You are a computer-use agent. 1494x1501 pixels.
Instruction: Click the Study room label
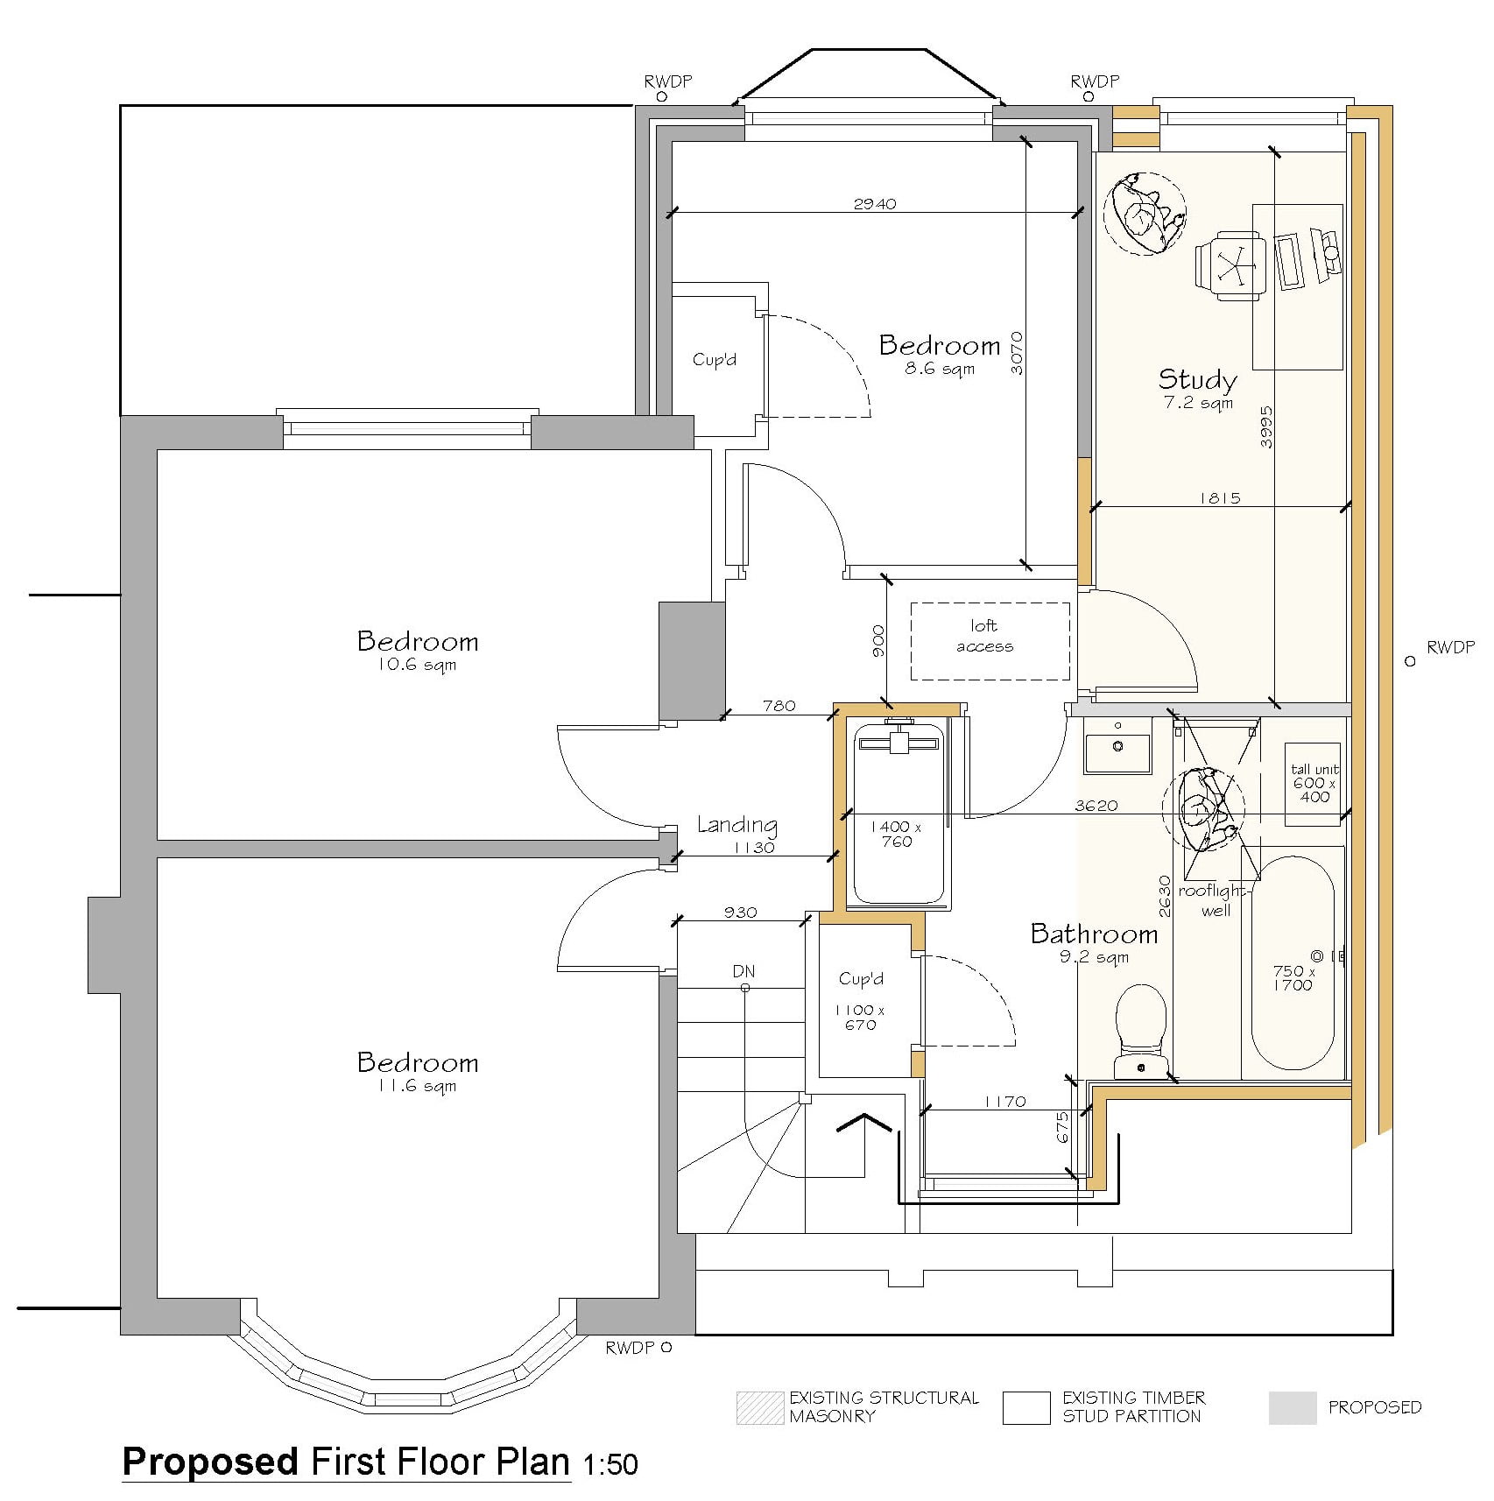pyautogui.click(x=1197, y=379)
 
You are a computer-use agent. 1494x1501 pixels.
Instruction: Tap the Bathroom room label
pyautogui.click(x=1094, y=934)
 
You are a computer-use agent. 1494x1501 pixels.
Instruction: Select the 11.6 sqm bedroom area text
pyautogui.click(x=417, y=1087)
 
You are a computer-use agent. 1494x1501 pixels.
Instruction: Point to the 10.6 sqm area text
pyautogui.click(x=417, y=666)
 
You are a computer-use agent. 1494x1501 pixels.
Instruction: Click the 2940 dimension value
pyautogui.click(x=875, y=204)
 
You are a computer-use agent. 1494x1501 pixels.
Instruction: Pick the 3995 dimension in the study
pyautogui.click(x=1266, y=427)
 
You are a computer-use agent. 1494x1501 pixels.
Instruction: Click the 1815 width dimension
pyautogui.click(x=1220, y=498)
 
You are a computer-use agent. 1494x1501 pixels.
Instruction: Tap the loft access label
pyautogui.click(x=984, y=636)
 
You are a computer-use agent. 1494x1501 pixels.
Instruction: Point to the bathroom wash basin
pyautogui.click(x=1117, y=746)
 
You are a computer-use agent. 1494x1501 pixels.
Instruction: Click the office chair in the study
pyautogui.click(x=1230, y=265)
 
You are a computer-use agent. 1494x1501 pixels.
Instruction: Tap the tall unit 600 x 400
pyautogui.click(x=1314, y=783)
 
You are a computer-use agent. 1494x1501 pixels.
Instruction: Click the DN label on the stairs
pyautogui.click(x=743, y=971)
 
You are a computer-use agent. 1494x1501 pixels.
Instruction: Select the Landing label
pyautogui.click(x=736, y=825)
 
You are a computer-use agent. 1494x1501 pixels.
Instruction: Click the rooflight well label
pyautogui.click(x=1214, y=900)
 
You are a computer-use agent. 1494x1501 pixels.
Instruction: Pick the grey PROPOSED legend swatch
pyautogui.click(x=1292, y=1408)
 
